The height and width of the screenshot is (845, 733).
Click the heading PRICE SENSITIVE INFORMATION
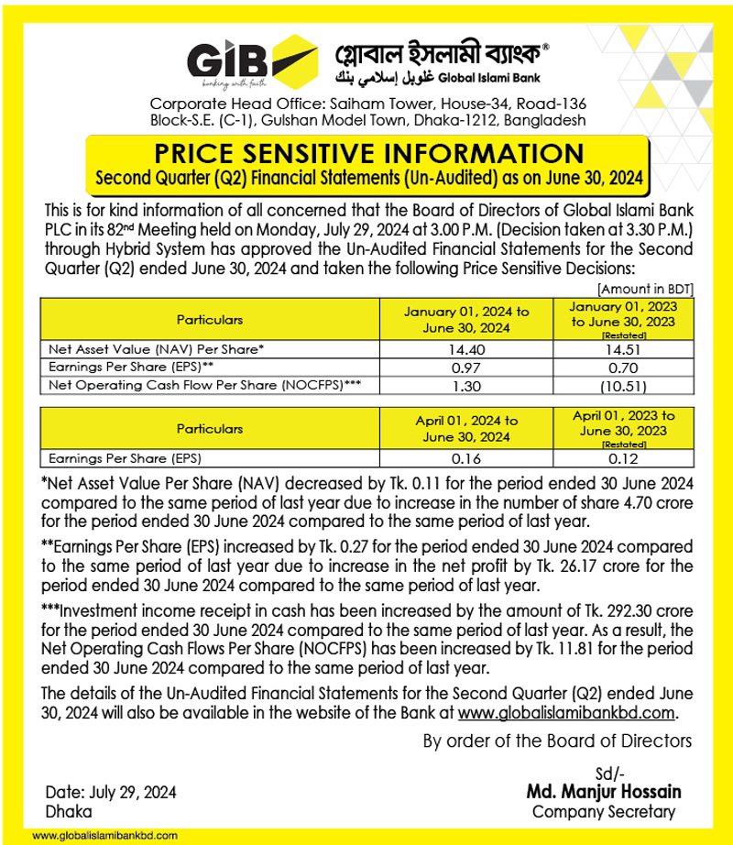[366, 152]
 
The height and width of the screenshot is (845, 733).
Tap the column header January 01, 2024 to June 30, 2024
[466, 320]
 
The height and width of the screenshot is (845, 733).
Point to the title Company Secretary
[604, 811]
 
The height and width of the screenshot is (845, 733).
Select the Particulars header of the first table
[211, 321]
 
